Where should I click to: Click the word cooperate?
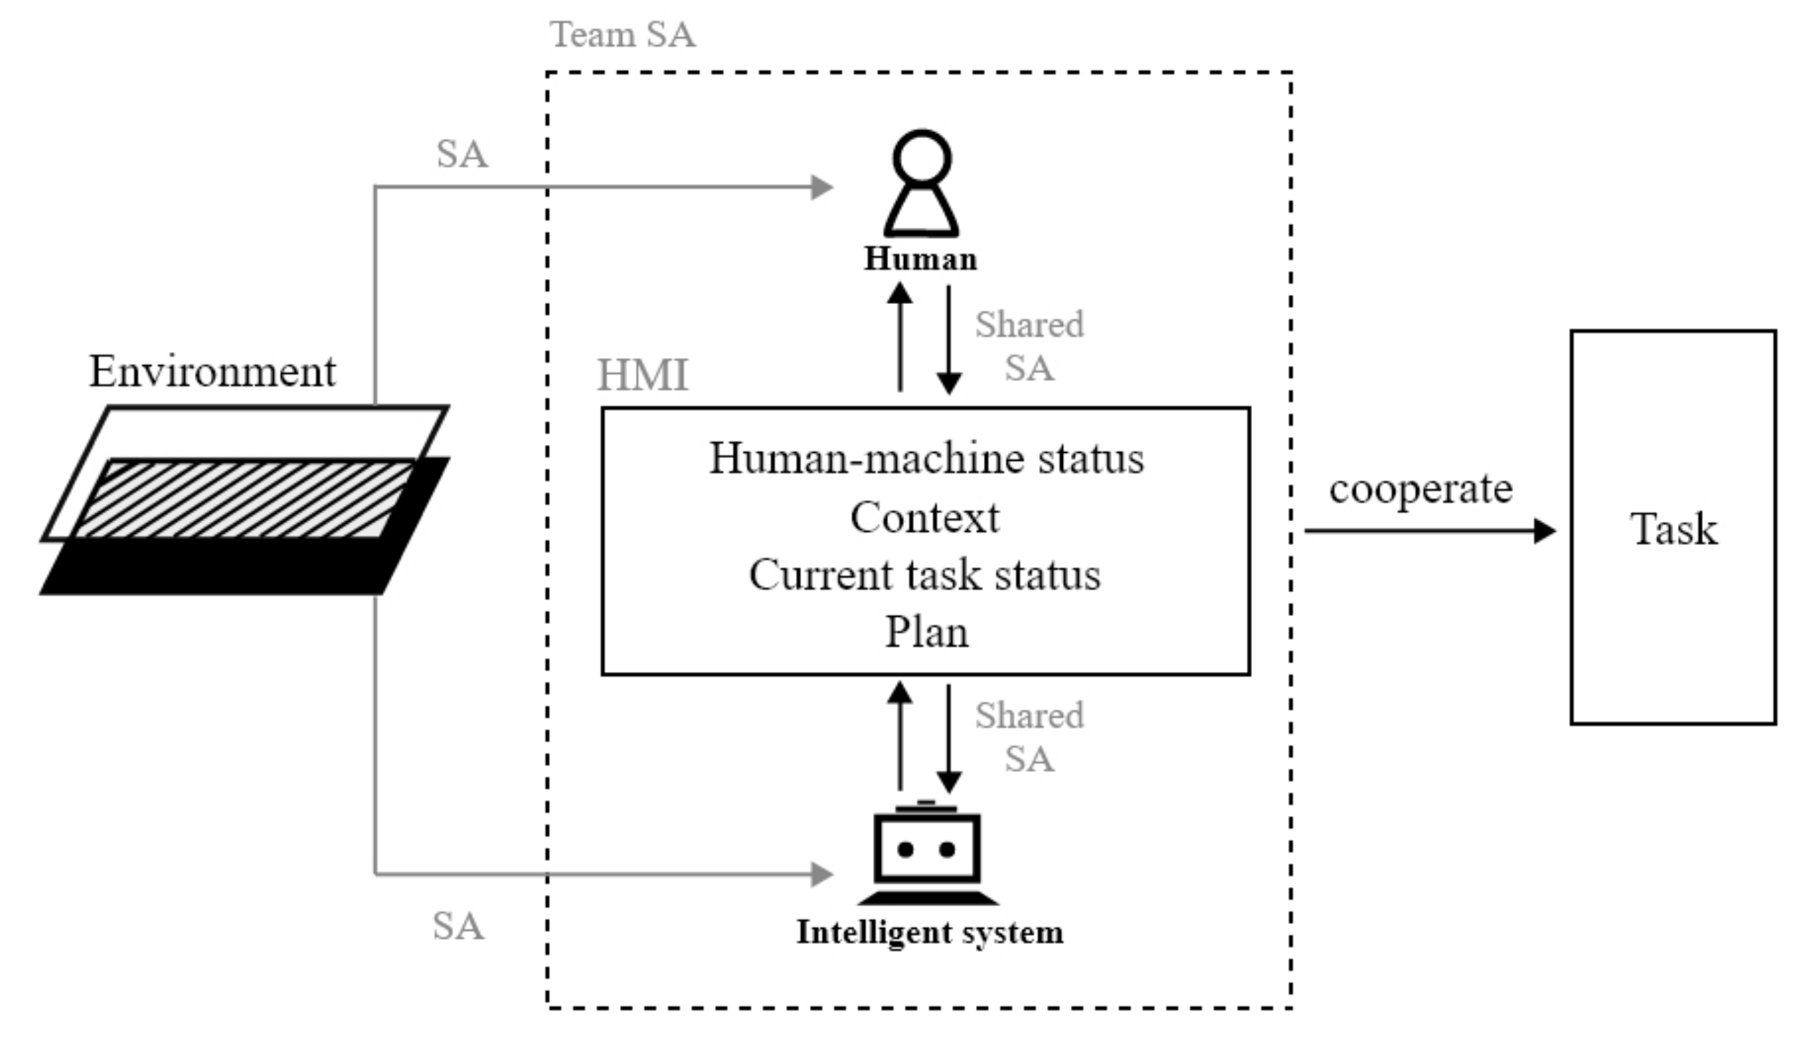(x=1420, y=489)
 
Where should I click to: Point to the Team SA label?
(x=623, y=34)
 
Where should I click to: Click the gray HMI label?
(x=643, y=375)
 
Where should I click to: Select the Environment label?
(x=212, y=372)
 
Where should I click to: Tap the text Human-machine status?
(x=926, y=458)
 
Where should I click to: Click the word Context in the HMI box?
(x=925, y=517)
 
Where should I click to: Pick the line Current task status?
(x=925, y=575)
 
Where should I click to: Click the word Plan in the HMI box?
(x=926, y=632)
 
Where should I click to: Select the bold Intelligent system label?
(x=930, y=933)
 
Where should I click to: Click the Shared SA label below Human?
(x=1030, y=346)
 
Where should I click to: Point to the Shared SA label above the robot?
(x=1030, y=737)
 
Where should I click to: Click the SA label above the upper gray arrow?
(x=462, y=154)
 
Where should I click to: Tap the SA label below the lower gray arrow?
(x=458, y=926)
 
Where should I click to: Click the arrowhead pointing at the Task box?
(x=1545, y=532)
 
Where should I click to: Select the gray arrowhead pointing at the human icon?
(x=823, y=188)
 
